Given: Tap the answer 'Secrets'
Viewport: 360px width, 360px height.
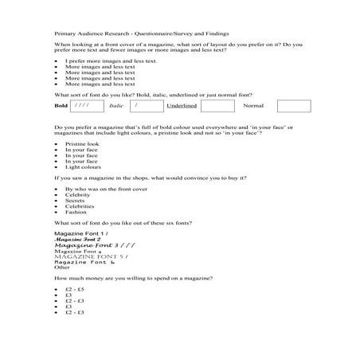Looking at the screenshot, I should [x=76, y=201].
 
